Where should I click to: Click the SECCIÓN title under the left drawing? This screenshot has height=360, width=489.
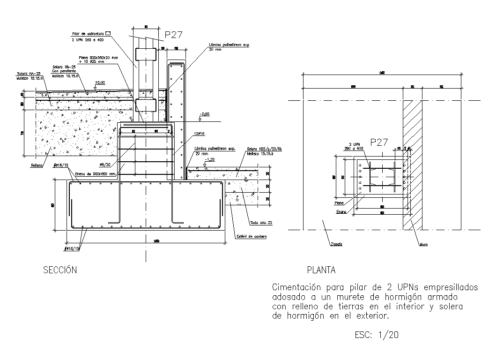pos(59,270)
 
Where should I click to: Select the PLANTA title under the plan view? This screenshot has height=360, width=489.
pos(321,270)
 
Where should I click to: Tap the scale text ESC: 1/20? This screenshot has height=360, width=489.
pos(378,335)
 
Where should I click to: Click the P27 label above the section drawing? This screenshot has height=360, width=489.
pos(173,34)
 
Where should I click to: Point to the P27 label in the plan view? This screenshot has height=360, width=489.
pos(379,142)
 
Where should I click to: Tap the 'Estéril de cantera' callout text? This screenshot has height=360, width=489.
pos(251,237)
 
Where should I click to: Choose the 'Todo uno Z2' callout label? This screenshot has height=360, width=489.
pos(261,223)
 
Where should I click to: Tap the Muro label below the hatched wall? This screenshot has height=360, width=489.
pos(423,244)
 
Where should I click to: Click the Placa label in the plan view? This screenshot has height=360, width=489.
pos(339,203)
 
